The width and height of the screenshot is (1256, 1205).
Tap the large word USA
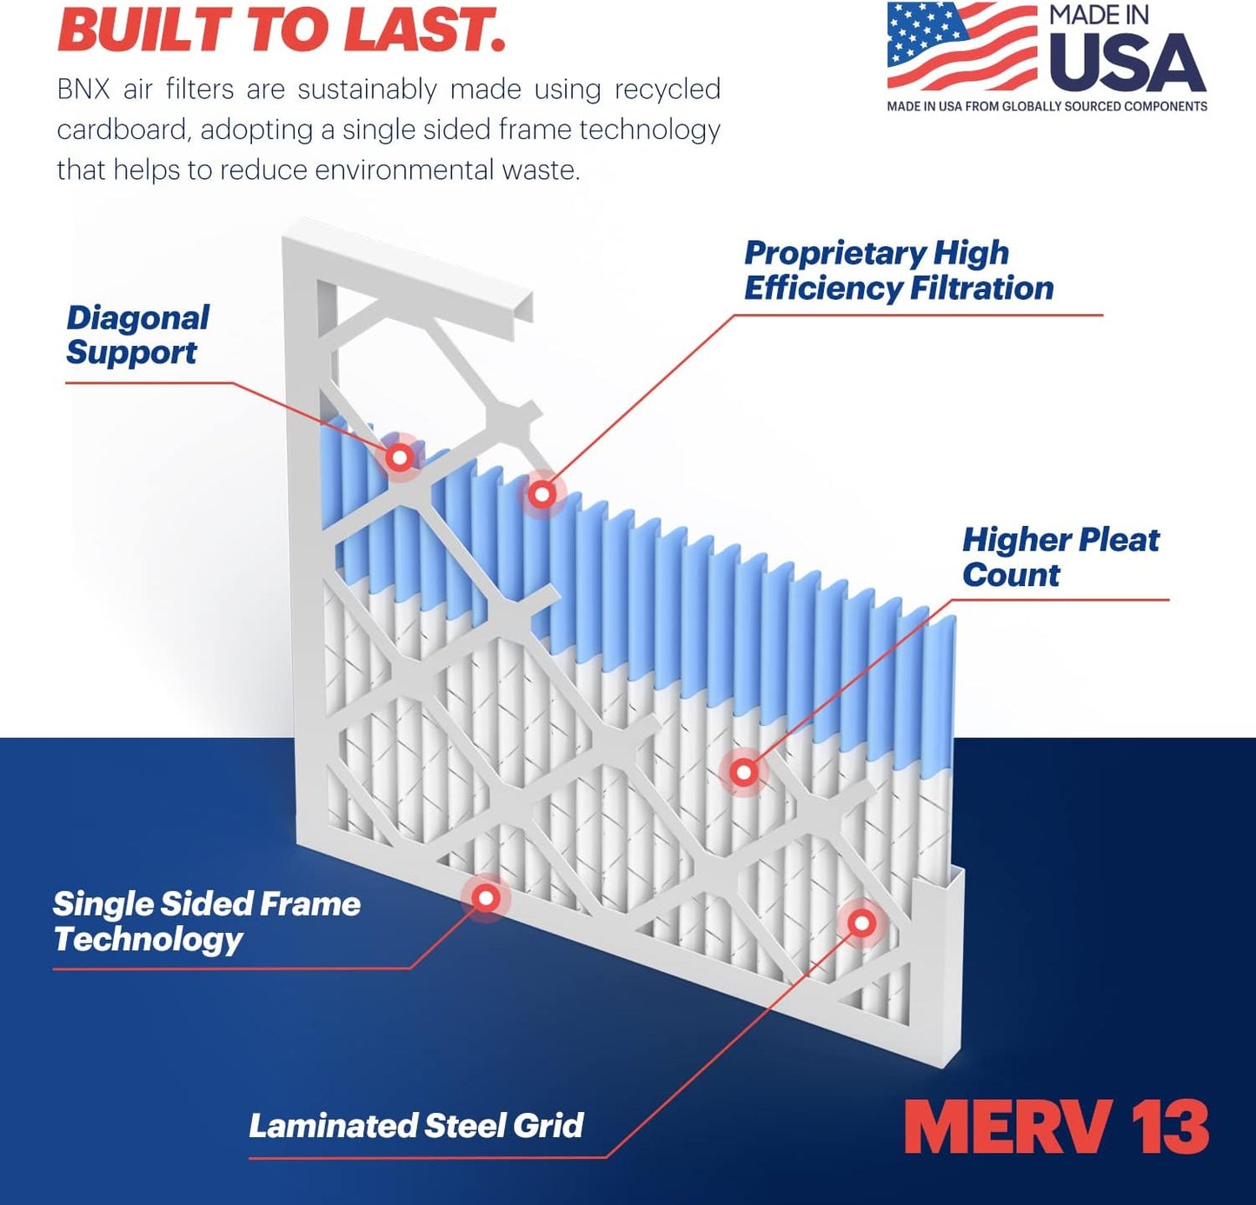pyautogui.click(x=1127, y=63)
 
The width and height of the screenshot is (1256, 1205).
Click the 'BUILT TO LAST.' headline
pyautogui.click(x=282, y=29)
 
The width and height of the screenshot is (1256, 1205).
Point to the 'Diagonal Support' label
pyautogui.click(x=137, y=335)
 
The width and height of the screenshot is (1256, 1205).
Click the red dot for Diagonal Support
pyautogui.click(x=400, y=456)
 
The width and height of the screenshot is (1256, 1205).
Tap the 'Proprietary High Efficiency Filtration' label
pyautogui.click(x=898, y=270)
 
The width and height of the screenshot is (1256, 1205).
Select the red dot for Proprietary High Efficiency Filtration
pyautogui.click(x=542, y=495)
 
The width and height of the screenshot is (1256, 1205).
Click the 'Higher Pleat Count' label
pyautogui.click(x=1060, y=556)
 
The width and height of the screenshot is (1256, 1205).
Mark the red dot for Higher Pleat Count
pyautogui.click(x=743, y=771)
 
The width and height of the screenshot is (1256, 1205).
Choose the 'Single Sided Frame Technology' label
pyautogui.click(x=206, y=922)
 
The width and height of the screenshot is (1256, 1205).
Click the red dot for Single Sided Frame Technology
pyautogui.click(x=486, y=897)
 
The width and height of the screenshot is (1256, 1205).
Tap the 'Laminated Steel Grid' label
pyautogui.click(x=415, y=1126)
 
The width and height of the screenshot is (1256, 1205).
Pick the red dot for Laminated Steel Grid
pyautogui.click(x=861, y=922)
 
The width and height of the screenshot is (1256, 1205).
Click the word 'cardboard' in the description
pyautogui.click(x=121, y=130)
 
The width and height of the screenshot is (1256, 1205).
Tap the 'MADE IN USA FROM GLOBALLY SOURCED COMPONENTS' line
pyautogui.click(x=1047, y=106)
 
